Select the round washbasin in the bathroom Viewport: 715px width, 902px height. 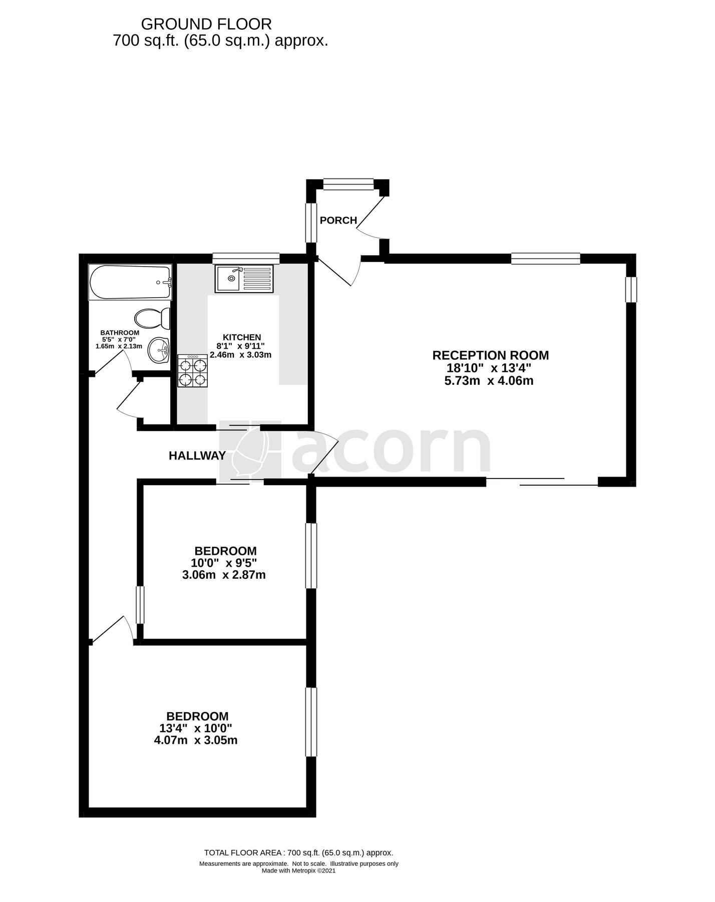pos(159,349)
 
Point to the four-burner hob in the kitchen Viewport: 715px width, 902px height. pos(192,371)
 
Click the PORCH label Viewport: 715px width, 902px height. pos(338,220)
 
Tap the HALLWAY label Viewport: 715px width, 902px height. pos(197,456)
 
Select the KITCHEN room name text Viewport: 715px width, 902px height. pos(242,337)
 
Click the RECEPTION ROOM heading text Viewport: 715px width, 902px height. pos(490,355)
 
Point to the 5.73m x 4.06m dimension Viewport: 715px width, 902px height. pos(489,381)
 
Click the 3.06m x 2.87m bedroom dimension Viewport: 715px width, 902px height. pos(224,575)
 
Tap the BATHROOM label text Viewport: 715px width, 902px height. pos(120,333)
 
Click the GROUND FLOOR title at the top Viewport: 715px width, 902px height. pos(206,24)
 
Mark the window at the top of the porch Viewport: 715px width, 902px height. pos(348,185)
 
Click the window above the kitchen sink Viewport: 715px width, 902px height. pos(245,259)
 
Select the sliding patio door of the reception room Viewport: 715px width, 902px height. pos(542,482)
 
